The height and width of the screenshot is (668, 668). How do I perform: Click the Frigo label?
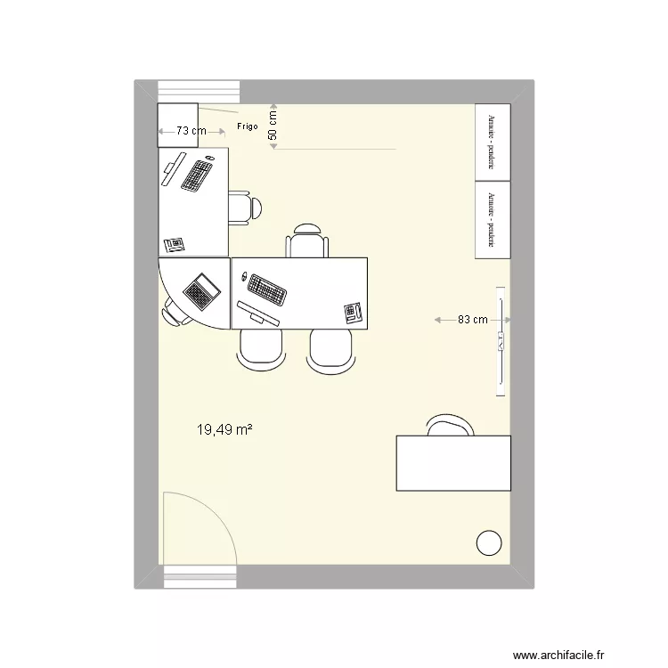248,126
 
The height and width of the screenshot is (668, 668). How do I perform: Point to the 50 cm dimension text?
273,124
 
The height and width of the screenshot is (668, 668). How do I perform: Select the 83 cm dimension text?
472,319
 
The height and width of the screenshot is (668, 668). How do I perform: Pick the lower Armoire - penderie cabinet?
492,219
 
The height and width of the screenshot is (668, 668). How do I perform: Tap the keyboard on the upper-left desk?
197,174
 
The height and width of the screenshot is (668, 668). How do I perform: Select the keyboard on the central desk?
265,288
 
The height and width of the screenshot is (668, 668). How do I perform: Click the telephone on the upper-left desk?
174,242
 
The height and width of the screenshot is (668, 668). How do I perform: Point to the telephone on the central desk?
354,312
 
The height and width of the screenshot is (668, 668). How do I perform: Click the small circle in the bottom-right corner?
489,542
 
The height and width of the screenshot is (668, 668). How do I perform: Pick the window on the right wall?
501,341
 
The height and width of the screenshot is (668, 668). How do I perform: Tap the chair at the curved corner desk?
171,312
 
